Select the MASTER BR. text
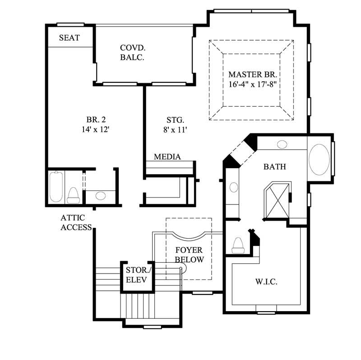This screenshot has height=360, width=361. pos(254,74)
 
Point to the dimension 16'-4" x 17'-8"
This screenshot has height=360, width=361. pos(255,85)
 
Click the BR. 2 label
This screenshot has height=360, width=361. pos(96,120)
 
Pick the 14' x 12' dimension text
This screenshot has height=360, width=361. pos(96,130)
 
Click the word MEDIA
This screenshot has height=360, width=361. pos(167,157)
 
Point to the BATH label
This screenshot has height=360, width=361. pos(274,167)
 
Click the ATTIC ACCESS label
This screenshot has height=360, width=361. pos(76,223)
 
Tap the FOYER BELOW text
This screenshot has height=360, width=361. pos(189,255)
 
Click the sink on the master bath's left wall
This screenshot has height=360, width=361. pos(233,187)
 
